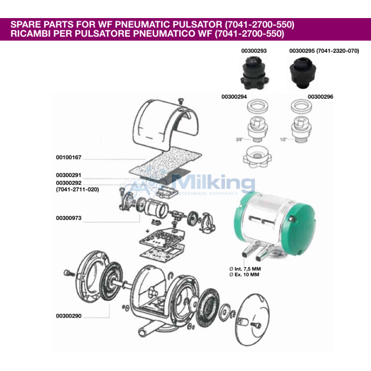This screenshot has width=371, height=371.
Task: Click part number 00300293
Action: point(254,51)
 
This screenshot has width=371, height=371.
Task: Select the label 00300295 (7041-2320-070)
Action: point(324,51)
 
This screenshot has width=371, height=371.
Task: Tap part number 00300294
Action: point(234,97)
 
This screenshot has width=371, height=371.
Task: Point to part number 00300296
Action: point(320,97)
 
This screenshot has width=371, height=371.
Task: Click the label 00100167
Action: point(69,157)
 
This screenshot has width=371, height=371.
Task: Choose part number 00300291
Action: point(69,175)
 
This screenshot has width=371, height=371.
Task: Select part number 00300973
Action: point(69,218)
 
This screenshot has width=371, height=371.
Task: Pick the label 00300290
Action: point(69,316)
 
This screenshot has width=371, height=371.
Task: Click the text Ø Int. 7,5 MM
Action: point(245,269)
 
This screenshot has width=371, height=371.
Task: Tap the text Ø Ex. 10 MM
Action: point(244,275)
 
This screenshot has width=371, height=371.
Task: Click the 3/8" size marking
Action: point(239,140)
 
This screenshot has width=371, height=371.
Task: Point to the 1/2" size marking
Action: point(283,140)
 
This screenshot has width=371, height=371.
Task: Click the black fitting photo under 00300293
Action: point(254,72)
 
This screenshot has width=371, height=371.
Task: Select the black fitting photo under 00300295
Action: point(303,72)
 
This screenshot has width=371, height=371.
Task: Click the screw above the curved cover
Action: point(181,101)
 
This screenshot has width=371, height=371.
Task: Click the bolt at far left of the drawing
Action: point(69,273)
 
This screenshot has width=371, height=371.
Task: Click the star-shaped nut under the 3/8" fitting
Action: point(257,156)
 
